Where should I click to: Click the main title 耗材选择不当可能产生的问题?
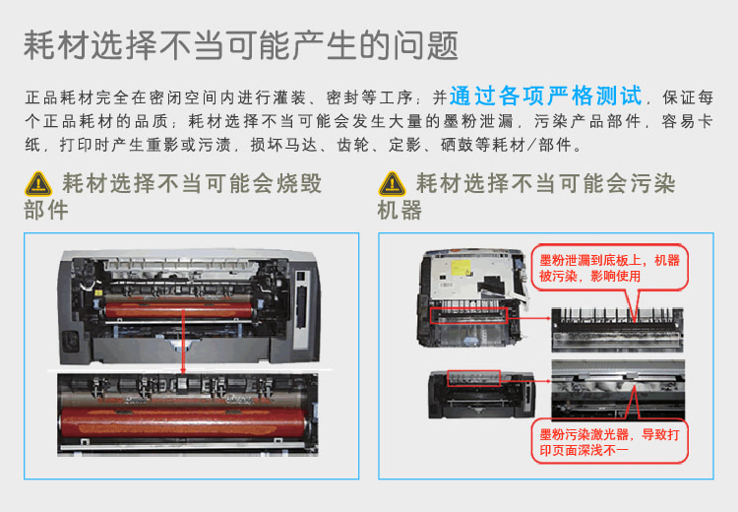click(x=241, y=44)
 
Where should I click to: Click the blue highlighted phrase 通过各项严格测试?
click(x=546, y=96)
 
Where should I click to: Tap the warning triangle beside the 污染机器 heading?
click(x=392, y=184)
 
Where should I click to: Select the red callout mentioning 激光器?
click(x=611, y=440)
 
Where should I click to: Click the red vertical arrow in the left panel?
click(x=182, y=345)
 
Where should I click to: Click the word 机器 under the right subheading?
click(x=400, y=210)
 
